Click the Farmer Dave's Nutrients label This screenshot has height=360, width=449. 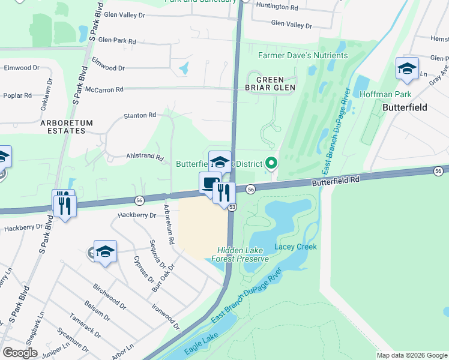click(303, 56)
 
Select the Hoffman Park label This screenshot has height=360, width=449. click(385, 94)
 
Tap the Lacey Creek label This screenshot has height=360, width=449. click(295, 247)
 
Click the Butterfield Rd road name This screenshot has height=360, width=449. click(335, 180)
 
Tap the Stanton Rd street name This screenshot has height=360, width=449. click(139, 115)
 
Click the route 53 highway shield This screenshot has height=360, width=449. click(232, 206)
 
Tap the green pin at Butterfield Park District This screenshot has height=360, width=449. click(271, 163)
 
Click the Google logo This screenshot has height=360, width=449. click(20, 353)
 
